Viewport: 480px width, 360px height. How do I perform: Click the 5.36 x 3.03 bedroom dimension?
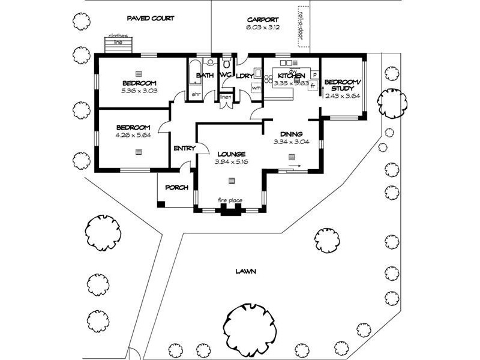(x=139, y=91)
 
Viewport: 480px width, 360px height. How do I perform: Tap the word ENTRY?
(x=184, y=148)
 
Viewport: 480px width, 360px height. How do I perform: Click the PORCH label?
(x=176, y=187)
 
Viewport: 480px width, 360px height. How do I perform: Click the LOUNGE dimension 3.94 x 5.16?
(x=232, y=161)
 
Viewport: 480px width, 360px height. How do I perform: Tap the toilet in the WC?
(x=226, y=64)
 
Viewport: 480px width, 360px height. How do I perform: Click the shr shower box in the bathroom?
(x=196, y=94)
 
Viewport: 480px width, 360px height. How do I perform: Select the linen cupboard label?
(x=226, y=97)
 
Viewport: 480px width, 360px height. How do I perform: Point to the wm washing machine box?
(x=256, y=88)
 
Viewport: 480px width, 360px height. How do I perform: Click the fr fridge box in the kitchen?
(x=312, y=86)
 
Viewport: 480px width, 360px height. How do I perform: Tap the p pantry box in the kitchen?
(x=314, y=75)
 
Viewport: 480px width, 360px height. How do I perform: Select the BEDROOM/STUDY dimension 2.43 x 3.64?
(x=343, y=95)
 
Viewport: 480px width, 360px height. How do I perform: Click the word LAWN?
(x=246, y=271)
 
